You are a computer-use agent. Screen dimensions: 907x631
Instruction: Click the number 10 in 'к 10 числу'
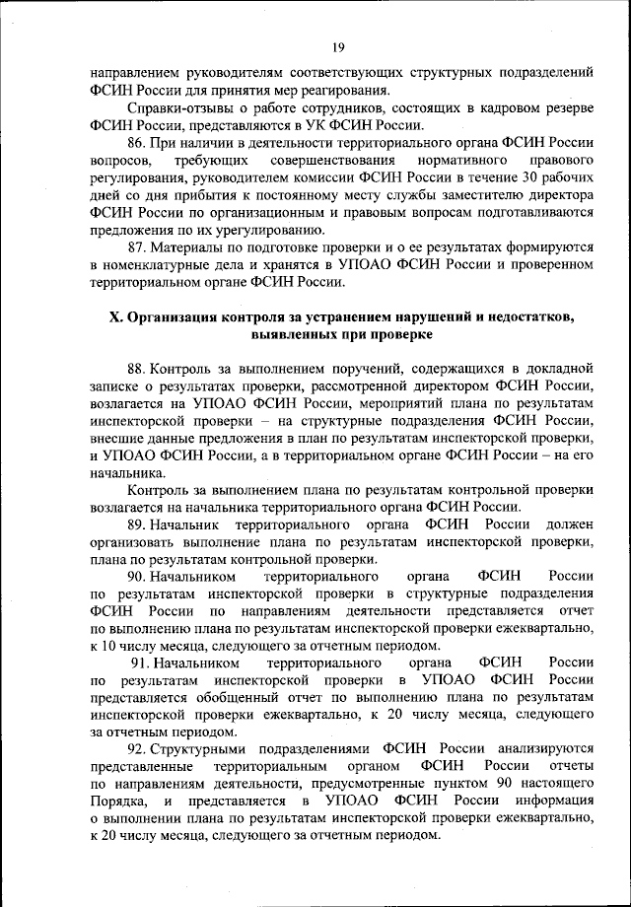[x=109, y=645]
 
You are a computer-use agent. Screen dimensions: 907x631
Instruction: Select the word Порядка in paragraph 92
[x=115, y=803]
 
